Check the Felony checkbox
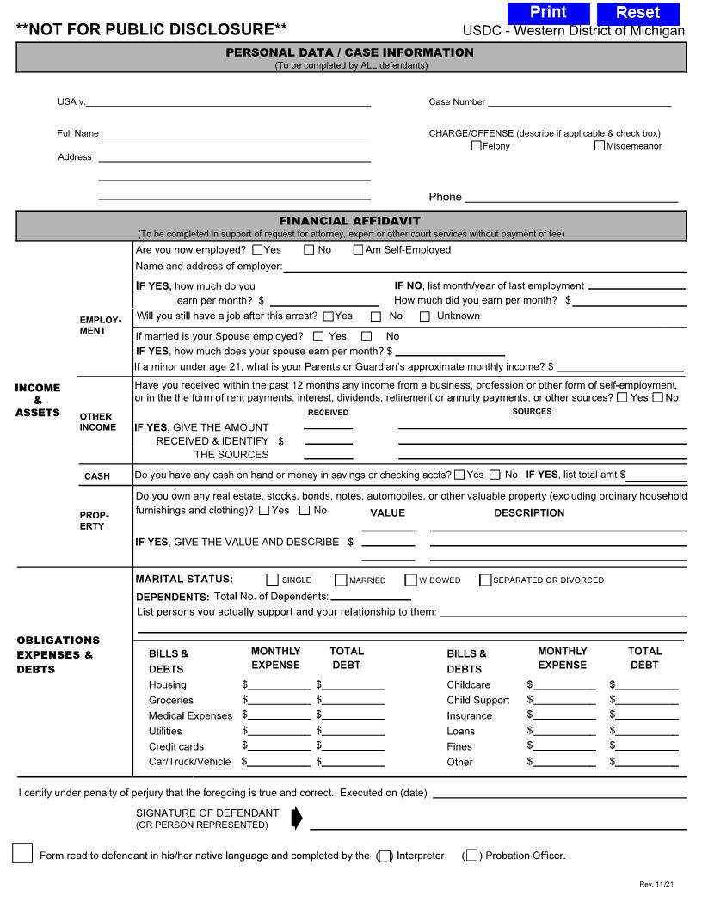coord(476,146)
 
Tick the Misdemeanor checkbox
coord(599,146)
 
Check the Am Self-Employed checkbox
coord(358,250)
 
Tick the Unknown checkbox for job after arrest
coord(425,316)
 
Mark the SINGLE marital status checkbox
coord(273,580)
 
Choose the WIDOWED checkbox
coord(410,580)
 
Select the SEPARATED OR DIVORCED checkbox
coord(485,580)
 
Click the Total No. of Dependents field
coord(371,596)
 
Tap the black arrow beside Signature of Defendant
coord(297,819)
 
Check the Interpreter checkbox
coord(385,856)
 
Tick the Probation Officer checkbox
coord(471,856)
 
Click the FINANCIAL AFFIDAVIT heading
coord(349,221)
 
